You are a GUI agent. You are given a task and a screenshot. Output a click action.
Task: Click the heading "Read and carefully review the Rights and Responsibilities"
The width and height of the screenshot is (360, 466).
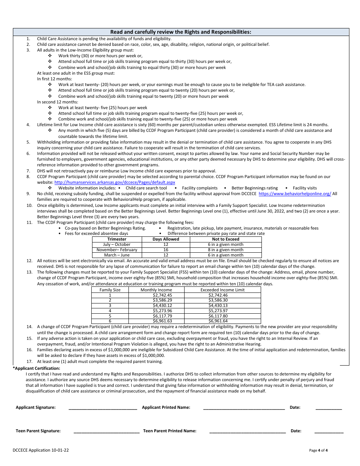[180, 32]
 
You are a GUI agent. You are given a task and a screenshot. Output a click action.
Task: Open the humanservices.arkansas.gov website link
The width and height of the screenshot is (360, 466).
[115, 182]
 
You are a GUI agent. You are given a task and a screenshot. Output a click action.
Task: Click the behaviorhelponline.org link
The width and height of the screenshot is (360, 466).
[295, 194]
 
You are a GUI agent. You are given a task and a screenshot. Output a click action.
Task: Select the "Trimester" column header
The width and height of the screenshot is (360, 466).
[117, 239]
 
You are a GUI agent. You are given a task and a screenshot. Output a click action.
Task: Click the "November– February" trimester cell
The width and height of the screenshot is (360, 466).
[117, 250]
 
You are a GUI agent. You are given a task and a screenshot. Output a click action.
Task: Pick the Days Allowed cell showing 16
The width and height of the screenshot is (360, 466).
[166, 250]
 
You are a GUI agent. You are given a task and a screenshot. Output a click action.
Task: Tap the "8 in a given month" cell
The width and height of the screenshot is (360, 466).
[225, 250]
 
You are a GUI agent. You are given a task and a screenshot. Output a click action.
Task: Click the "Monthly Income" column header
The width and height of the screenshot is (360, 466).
[157, 290]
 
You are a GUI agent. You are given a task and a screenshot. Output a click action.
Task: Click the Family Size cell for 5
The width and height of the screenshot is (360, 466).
[110, 316]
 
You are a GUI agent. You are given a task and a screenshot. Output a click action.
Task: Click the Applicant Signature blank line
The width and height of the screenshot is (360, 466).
[103, 408]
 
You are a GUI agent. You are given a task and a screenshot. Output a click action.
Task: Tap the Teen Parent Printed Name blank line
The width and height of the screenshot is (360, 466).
[247, 432]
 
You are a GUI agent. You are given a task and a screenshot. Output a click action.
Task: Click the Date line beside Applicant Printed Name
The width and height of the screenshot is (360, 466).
[329, 408]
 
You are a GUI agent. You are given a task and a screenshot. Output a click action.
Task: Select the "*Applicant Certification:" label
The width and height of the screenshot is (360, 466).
[34, 368]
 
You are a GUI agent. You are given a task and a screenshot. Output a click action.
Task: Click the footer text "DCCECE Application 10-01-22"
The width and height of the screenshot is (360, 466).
[41, 450]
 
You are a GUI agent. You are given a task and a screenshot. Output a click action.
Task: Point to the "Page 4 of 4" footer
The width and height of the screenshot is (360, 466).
[318, 450]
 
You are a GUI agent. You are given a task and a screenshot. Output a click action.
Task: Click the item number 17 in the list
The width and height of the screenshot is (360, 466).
[29, 362]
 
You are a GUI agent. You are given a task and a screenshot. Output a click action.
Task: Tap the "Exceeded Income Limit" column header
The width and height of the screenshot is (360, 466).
[222, 290]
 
